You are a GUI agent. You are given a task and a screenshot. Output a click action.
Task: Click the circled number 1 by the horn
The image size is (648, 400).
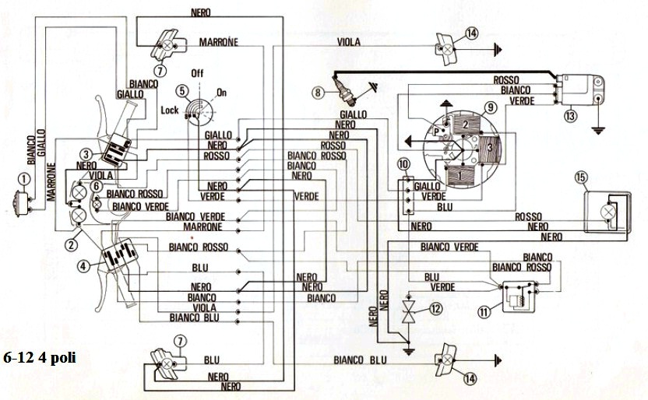pos(24,180)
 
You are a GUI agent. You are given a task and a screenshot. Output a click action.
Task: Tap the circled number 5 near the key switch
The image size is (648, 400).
pos(181,91)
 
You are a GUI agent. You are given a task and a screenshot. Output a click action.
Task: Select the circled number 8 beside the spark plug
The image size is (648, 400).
pos(318,92)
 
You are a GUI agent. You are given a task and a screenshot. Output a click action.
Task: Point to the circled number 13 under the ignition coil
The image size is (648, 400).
pos(570,116)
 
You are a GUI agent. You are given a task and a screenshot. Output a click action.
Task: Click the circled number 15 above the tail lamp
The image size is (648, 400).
pos(581,178)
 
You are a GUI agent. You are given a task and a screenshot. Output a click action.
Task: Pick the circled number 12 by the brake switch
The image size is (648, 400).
pos(435,308)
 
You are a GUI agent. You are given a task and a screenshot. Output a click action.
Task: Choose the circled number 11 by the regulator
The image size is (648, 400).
pos(484,311)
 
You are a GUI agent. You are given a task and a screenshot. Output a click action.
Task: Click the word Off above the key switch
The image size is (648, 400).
pos(197,73)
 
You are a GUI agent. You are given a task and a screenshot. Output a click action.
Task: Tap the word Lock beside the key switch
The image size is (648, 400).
pos(170,111)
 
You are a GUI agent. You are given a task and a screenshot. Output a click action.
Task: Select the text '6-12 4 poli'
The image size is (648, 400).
pos(40,357)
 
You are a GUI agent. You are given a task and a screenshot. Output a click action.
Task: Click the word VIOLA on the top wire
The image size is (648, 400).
pos(349,42)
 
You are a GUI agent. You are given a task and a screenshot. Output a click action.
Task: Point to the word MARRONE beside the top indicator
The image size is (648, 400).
pos(219,42)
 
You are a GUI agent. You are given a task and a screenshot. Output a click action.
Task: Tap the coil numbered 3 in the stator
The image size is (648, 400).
pos(489,148)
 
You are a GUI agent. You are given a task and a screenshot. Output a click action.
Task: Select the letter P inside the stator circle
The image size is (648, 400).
pos(435,132)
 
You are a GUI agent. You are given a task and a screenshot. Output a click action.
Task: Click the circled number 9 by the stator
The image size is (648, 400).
pos(490,108)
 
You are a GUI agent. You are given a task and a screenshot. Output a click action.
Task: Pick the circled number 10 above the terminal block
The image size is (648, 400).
pos(403,164)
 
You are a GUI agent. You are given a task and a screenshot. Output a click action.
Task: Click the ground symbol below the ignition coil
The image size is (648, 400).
pos(597,131)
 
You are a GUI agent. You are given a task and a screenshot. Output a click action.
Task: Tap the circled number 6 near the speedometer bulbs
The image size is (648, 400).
pos(96,187)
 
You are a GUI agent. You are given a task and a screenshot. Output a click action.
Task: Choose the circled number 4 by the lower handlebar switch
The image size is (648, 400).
pos(83,266)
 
